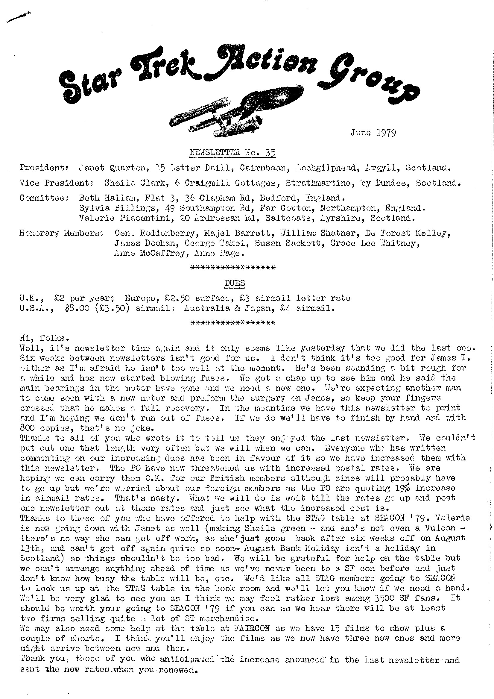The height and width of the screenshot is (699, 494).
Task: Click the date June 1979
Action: coord(373,133)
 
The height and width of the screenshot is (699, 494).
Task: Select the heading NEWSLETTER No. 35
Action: coord(232,152)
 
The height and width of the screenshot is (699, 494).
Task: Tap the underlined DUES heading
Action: coord(234,283)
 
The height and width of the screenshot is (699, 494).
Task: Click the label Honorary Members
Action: coord(61,233)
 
